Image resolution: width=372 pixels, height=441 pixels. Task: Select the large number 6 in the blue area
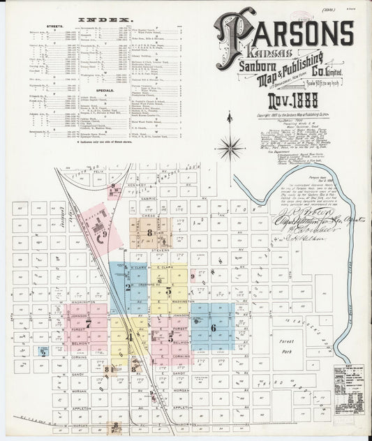(213, 327)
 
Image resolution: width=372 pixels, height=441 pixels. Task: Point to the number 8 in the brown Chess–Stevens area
(149, 233)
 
